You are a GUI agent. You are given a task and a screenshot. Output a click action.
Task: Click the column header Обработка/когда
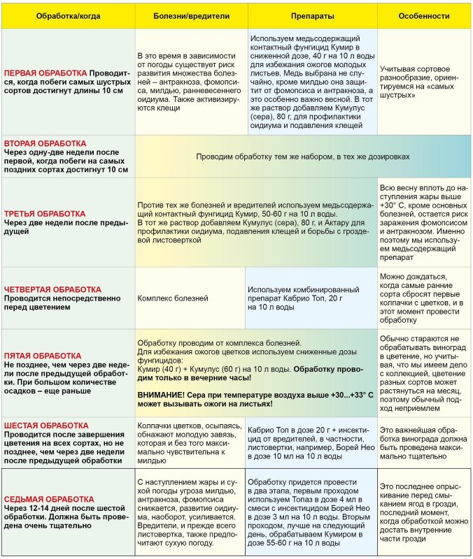point(68,15)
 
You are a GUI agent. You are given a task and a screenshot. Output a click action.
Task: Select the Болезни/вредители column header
point(188,15)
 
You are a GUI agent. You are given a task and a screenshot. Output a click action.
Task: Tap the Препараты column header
point(311,15)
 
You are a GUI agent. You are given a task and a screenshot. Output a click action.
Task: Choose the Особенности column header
point(424,15)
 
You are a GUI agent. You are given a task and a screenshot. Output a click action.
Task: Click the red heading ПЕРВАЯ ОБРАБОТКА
point(45,72)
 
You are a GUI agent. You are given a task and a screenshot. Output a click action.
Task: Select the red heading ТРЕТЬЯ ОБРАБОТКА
point(45,214)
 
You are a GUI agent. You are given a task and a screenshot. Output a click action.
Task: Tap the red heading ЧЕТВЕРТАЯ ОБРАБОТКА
point(52,289)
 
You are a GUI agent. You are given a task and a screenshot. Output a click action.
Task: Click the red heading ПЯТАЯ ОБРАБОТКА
point(42,356)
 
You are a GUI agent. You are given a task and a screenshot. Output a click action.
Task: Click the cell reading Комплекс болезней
point(172,298)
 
